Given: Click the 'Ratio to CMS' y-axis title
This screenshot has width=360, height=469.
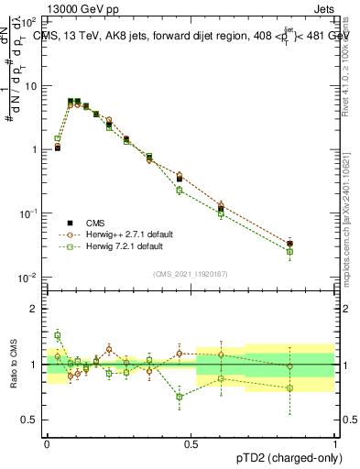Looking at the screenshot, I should pyautogui.click(x=13, y=365).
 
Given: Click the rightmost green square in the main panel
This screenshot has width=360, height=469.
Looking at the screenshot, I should pyautogui.click(x=290, y=251).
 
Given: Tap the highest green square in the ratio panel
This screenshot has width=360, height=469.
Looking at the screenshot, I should pyautogui.click(x=57, y=335).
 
